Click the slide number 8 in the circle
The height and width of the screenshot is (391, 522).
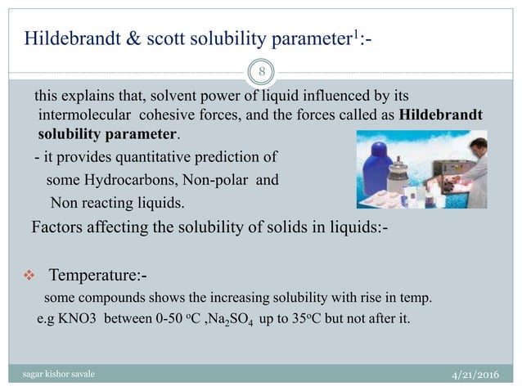tap(261, 71)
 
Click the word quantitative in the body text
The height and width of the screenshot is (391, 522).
tap(145, 157)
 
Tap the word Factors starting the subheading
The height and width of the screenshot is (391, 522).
tap(57, 227)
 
